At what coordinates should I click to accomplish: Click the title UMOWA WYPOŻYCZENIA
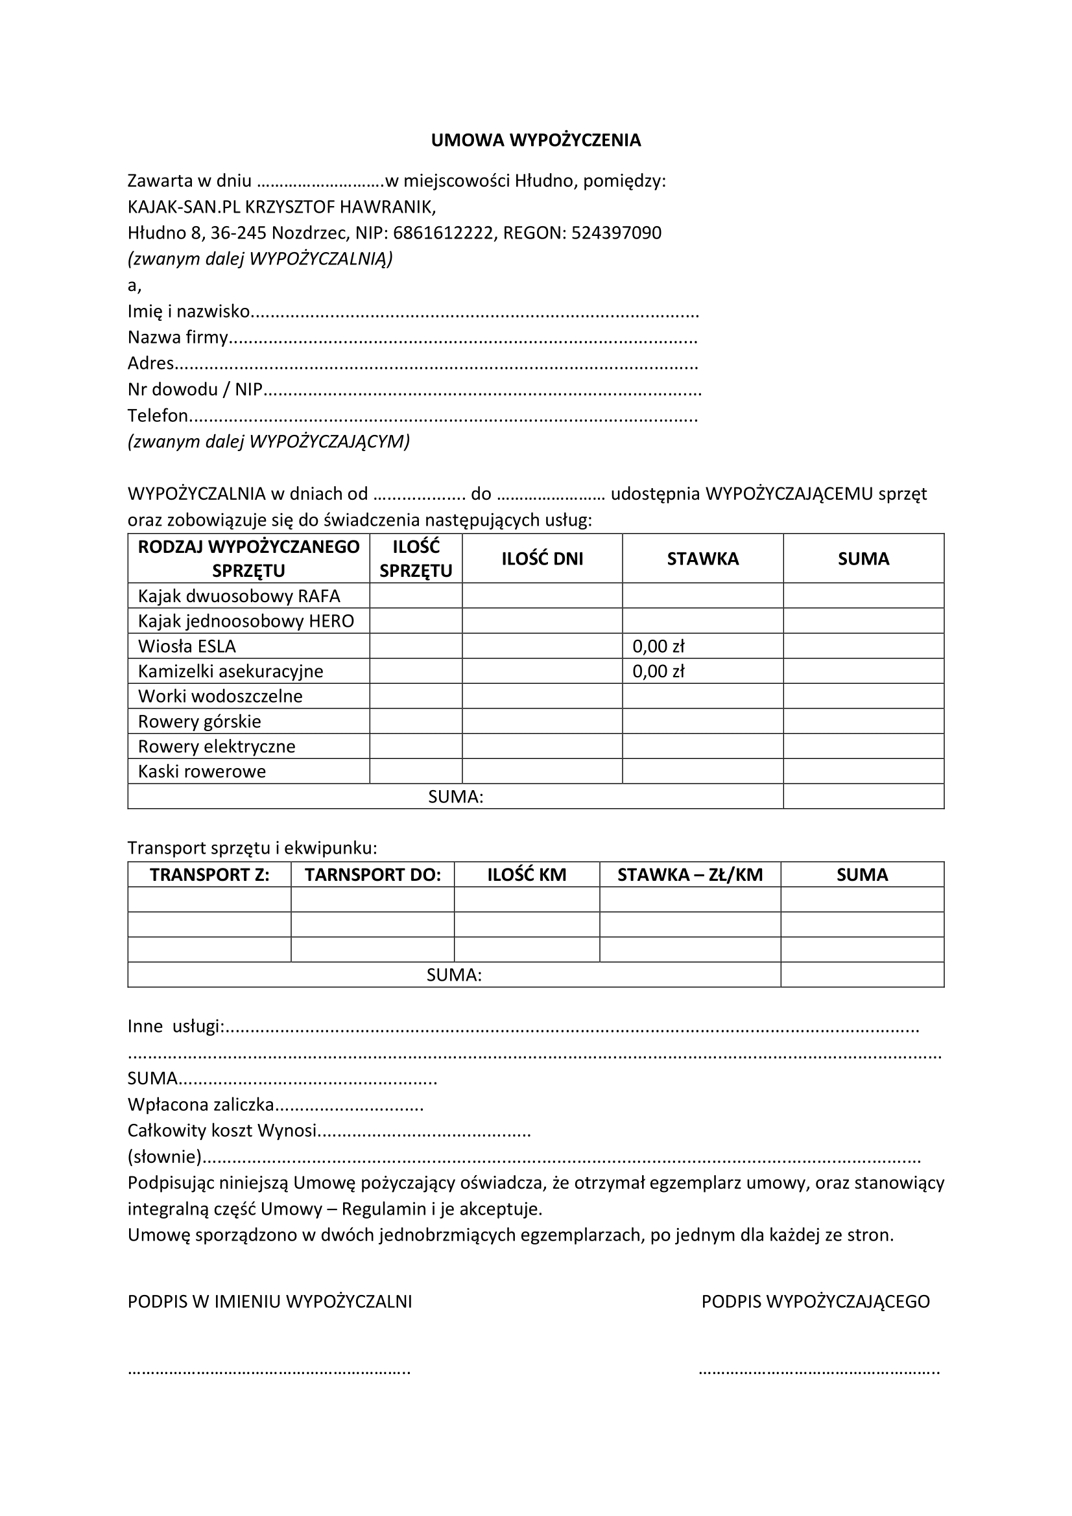pyautogui.click(x=536, y=140)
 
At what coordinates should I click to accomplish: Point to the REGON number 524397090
pyautogui.click(x=616, y=233)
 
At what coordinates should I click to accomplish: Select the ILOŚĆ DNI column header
pyautogui.click(x=542, y=559)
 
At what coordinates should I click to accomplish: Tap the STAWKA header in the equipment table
pyautogui.click(x=703, y=559)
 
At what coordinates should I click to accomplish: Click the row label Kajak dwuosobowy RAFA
pyautogui.click(x=239, y=596)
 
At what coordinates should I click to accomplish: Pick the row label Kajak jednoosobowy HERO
pyautogui.click(x=246, y=622)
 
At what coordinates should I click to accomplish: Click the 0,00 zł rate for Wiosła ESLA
pyautogui.click(x=658, y=646)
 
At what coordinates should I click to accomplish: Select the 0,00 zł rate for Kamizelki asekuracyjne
pyautogui.click(x=658, y=671)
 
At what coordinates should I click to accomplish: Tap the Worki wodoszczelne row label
pyautogui.click(x=220, y=697)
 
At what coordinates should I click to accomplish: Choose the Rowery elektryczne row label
pyautogui.click(x=217, y=747)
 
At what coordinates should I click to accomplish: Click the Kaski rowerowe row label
pyautogui.click(x=202, y=772)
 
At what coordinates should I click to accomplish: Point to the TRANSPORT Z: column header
pyautogui.click(x=209, y=875)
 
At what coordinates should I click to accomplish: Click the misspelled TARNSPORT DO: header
pyautogui.click(x=372, y=875)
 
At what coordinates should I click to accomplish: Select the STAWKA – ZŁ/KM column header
pyautogui.click(x=690, y=875)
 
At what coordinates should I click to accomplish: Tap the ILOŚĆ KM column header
pyautogui.click(x=527, y=875)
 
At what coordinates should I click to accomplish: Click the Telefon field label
pyautogui.click(x=158, y=416)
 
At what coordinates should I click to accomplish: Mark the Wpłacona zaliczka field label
pyautogui.click(x=201, y=1104)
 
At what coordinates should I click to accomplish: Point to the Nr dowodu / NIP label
pyautogui.click(x=195, y=390)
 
